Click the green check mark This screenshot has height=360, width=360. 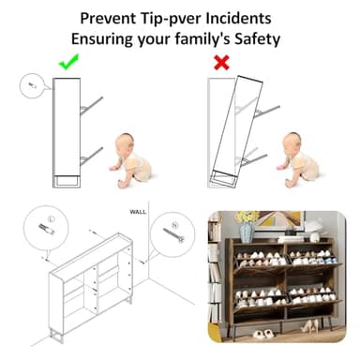pyautogui.click(x=68, y=62)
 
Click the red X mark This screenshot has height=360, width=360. pyautogui.click(x=221, y=63)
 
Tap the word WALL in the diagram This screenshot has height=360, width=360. pyautogui.click(x=138, y=212)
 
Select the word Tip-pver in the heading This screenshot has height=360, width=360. pyautogui.click(x=167, y=19)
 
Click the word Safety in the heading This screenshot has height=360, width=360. pyautogui.click(x=257, y=39)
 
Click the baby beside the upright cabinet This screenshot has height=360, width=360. pyautogui.click(x=132, y=160)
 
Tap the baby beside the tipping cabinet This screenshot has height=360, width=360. pyautogui.click(x=299, y=160)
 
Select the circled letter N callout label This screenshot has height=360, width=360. pyautogui.click(x=174, y=224)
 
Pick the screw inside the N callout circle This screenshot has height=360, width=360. pyautogui.click(x=173, y=235)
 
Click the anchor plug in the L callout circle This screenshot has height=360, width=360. pyautogui.click(x=47, y=229)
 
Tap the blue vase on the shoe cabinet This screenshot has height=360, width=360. pyautogui.click(x=247, y=232)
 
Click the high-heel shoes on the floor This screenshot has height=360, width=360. pyautogui.click(x=308, y=327)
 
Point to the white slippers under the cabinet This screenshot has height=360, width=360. pyautogui.click(x=263, y=334)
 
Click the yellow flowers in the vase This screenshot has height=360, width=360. pyautogui.click(x=247, y=217)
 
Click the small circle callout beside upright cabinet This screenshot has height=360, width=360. pyautogui.click(x=33, y=85)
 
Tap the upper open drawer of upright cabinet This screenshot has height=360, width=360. pyautogui.click(x=91, y=106)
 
